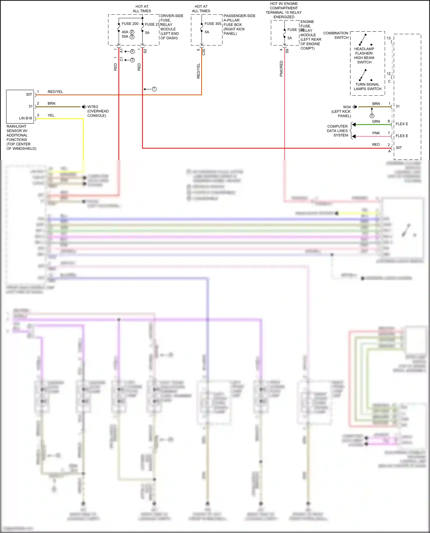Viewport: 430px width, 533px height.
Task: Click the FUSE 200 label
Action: point(130,24)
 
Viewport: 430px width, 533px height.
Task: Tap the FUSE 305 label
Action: point(213,24)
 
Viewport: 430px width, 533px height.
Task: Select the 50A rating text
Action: point(125,37)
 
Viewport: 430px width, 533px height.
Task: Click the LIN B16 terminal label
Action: point(26,118)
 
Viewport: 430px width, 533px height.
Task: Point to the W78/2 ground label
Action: point(93,107)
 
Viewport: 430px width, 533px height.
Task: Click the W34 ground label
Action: point(347,107)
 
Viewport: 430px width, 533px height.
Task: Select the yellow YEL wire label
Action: point(51,115)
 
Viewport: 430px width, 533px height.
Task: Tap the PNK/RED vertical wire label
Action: point(281,68)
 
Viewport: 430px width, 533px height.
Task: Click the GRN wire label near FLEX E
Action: point(376,122)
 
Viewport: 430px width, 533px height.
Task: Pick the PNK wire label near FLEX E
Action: point(376,133)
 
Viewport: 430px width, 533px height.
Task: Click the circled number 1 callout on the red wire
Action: point(154,89)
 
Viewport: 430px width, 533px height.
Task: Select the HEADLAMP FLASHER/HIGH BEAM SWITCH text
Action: point(364,56)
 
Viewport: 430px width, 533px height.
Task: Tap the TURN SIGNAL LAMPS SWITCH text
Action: point(367,86)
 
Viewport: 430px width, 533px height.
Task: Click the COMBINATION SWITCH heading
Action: point(336,35)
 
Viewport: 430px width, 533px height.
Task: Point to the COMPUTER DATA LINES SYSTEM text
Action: point(337,131)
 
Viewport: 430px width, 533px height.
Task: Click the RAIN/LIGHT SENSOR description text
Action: point(21,137)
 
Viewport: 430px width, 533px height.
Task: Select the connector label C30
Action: point(204,52)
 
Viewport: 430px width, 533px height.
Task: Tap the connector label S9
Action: point(287,51)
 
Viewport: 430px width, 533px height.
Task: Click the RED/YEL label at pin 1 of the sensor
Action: point(55,92)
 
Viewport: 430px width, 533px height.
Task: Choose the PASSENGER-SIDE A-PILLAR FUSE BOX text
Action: point(239,25)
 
